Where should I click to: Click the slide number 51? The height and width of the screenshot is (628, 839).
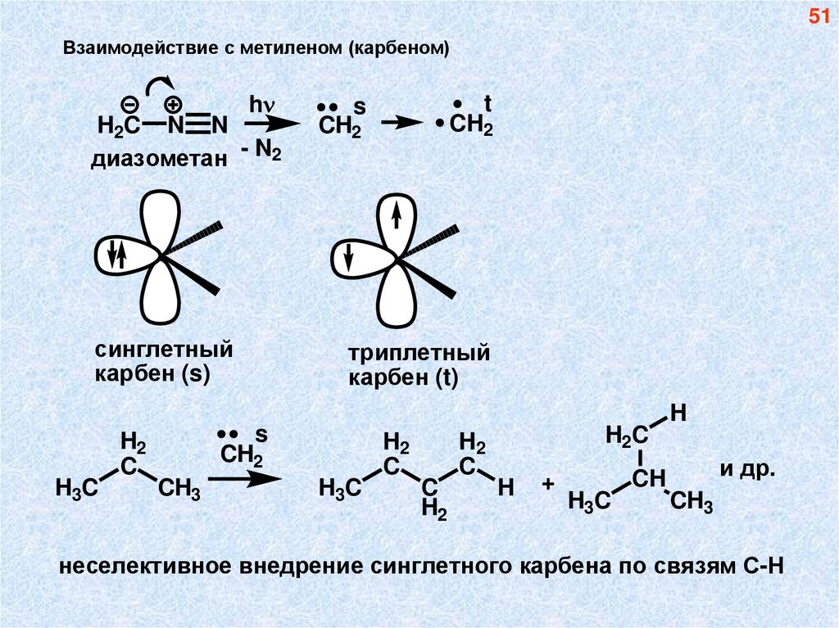click(x=819, y=18)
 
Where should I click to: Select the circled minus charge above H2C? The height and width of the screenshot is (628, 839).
click(x=129, y=105)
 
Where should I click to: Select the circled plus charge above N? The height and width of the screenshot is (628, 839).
click(x=173, y=105)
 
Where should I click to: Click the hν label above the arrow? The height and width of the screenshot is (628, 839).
click(x=261, y=105)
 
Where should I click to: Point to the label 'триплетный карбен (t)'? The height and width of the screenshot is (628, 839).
click(x=419, y=366)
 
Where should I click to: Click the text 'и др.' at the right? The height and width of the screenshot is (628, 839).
click(x=746, y=471)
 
